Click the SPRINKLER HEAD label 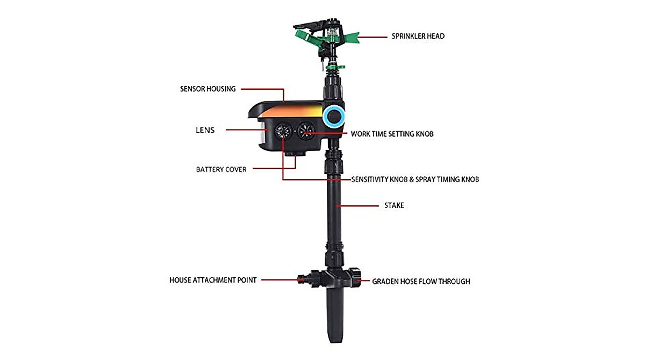(x=418, y=37)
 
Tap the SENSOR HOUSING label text (x=207, y=89)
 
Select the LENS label (x=205, y=130)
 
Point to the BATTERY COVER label (x=221, y=169)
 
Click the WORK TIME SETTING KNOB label (x=392, y=134)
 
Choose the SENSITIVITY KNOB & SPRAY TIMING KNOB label (x=415, y=179)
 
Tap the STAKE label (x=394, y=205)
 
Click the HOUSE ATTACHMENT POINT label (x=213, y=280)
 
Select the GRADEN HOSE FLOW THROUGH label (x=421, y=281)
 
